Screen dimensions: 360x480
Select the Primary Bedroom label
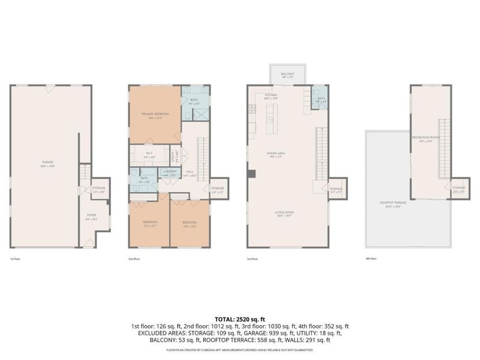[x=155, y=115]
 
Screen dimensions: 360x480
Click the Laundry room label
[x=170, y=173]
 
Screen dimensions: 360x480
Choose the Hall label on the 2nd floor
[x=190, y=173]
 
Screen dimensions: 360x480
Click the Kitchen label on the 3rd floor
[x=271, y=97]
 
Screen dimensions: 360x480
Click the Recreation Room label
[x=426, y=139]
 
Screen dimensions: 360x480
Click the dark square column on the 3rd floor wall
[x=251, y=174]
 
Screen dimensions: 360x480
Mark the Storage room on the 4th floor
[x=459, y=189]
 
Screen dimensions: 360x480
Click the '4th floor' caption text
[x=371, y=259]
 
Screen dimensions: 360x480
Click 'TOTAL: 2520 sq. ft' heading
[x=239, y=318]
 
